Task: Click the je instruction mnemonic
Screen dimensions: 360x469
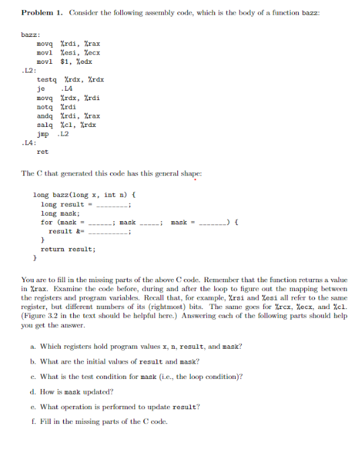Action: point(40,88)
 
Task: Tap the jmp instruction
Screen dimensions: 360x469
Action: point(42,133)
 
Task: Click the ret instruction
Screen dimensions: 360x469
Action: point(42,151)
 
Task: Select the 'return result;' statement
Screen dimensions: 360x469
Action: point(68,248)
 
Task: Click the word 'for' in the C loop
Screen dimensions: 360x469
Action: point(46,222)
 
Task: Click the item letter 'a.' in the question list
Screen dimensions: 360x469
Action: point(34,346)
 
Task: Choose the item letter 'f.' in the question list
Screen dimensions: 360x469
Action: point(33,421)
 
